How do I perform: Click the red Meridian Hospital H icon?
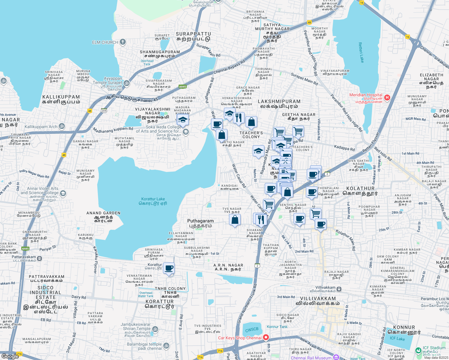point(387,97)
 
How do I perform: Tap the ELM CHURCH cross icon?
point(122,42)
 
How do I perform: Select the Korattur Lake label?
point(153,201)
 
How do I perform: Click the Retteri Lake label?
point(361,52)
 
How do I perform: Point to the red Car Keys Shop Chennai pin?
point(266,338)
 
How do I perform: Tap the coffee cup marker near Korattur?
point(169,268)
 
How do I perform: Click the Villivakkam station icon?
point(339,289)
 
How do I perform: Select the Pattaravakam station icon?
point(40,258)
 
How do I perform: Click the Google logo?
point(10,356)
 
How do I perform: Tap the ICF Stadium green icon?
point(418,350)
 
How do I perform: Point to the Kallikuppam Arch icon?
point(62,126)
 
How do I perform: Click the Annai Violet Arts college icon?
point(63,193)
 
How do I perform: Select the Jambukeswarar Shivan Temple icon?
point(155,329)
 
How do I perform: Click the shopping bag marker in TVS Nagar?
point(235,220)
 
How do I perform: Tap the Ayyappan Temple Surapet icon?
point(126,83)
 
